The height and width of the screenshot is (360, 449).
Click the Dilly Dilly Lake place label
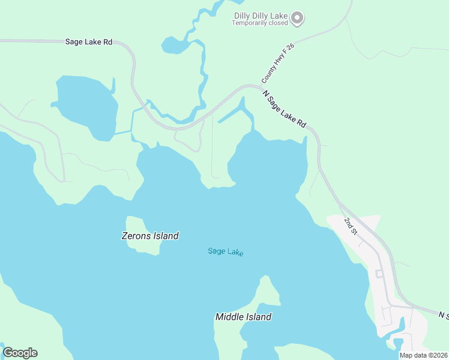coord(261,16)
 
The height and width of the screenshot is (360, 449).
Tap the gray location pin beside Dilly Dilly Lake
coord(298,19)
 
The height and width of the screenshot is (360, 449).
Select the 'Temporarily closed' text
coord(261,23)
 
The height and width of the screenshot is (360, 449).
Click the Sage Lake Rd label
coord(88,42)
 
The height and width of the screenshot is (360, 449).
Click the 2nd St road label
coord(351,226)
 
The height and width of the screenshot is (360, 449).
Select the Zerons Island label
coord(150,236)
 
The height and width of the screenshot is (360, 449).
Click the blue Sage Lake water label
coord(226,251)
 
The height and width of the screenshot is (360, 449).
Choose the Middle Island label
coord(243,317)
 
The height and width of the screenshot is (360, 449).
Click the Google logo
coord(20,353)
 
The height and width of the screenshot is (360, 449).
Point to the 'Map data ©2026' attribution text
coord(423,355)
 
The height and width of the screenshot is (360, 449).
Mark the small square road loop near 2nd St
coord(379,274)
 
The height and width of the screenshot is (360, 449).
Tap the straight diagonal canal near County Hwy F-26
coord(229,116)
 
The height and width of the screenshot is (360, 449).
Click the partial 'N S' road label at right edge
coord(443,315)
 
